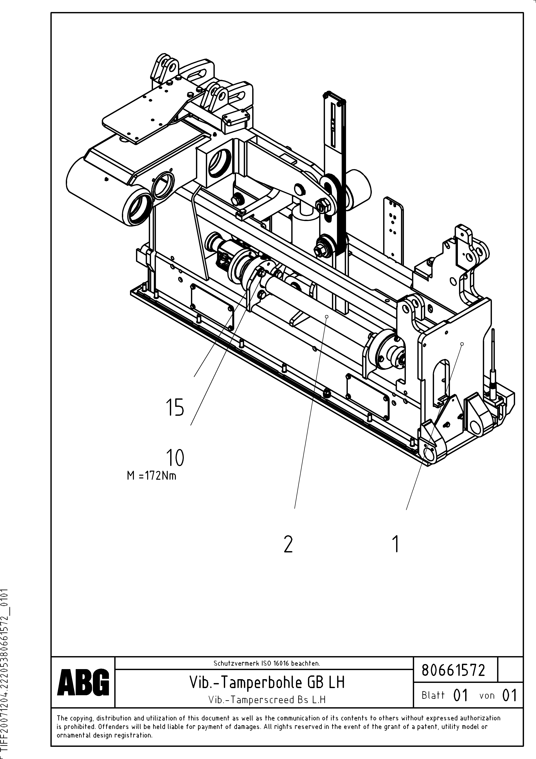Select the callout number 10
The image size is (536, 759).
175,458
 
